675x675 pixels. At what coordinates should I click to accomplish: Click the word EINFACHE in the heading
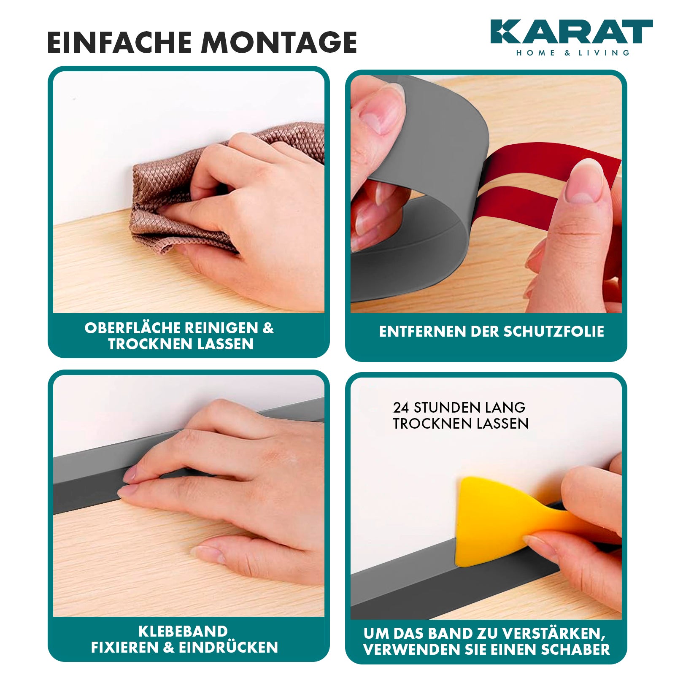click(x=119, y=42)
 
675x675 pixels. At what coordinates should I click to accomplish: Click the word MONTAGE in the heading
click(x=279, y=42)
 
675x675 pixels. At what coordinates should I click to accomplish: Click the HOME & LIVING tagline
click(x=572, y=53)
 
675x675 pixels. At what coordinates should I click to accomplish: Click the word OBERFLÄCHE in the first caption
click(x=130, y=328)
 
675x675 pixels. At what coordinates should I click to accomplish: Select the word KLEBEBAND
click(x=183, y=631)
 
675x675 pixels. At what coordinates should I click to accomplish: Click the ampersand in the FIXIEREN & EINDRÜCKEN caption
click(x=168, y=647)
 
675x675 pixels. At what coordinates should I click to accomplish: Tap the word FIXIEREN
click(x=125, y=647)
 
